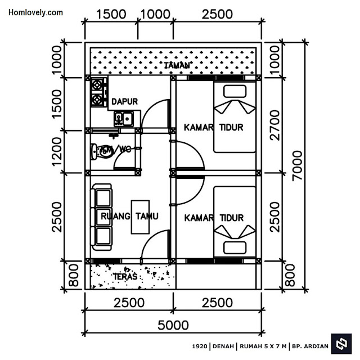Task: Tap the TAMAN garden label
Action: click(x=177, y=66)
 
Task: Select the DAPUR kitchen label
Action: click(x=125, y=101)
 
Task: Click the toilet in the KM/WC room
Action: click(x=102, y=151)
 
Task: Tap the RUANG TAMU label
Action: click(x=129, y=216)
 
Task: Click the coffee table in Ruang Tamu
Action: click(x=140, y=217)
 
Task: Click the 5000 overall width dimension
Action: click(x=173, y=325)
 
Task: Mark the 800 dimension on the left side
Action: click(x=74, y=275)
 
